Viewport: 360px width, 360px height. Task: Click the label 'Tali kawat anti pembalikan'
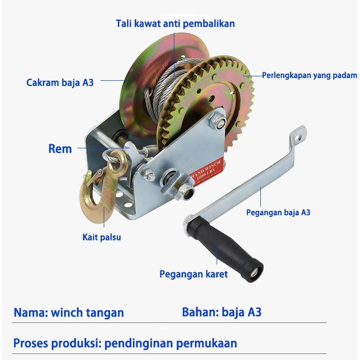(x=175, y=23)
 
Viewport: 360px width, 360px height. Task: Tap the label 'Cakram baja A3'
(x=60, y=82)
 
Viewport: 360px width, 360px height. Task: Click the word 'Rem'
(x=60, y=149)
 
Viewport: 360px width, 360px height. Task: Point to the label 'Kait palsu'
(x=101, y=237)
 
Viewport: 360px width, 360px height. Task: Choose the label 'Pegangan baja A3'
(x=278, y=212)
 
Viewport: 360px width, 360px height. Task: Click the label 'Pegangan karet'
(x=193, y=274)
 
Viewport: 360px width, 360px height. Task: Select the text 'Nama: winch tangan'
(x=68, y=313)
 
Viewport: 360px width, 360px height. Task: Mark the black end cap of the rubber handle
(x=256, y=271)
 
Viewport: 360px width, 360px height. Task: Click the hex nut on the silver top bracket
(x=218, y=120)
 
